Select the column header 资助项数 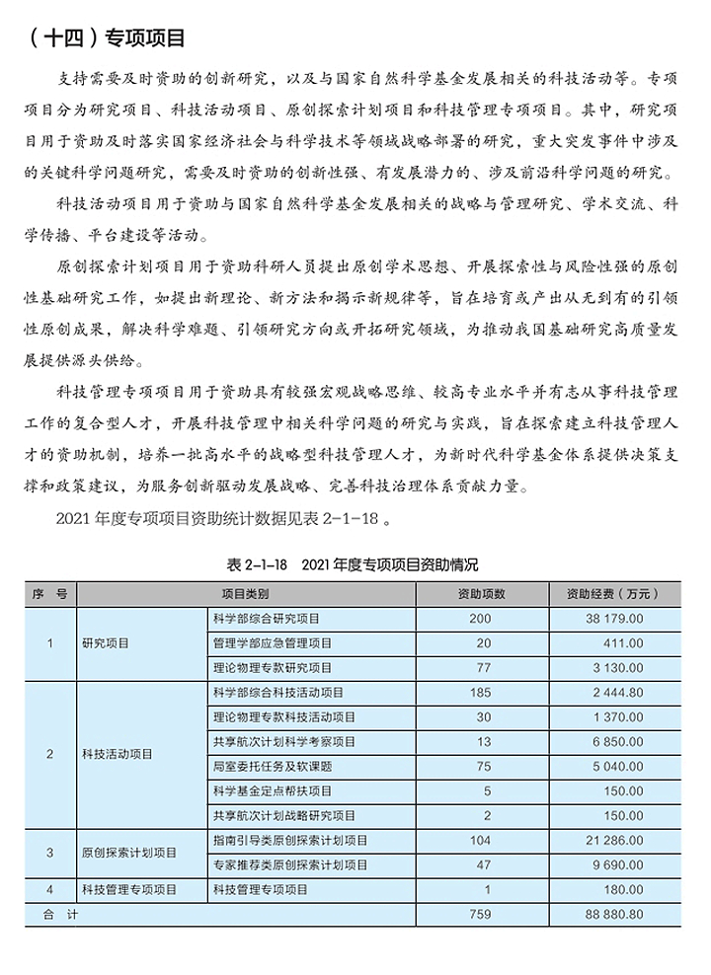[x=481, y=594]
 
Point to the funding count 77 [x=481, y=668]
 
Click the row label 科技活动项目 [x=118, y=755]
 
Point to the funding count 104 [x=481, y=841]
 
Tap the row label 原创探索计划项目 [x=129, y=853]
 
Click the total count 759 [x=481, y=915]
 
